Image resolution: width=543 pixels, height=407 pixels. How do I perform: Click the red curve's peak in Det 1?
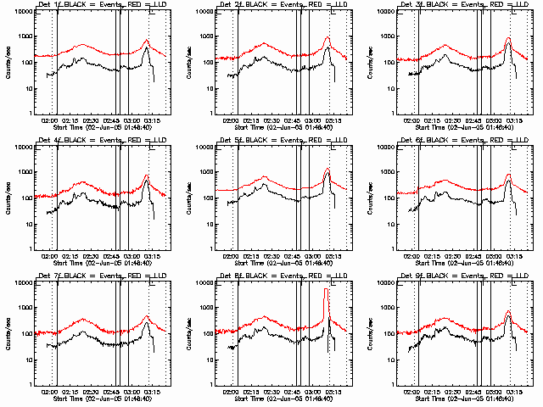point(147,40)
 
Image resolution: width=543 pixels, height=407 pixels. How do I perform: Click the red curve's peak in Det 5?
point(327,169)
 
